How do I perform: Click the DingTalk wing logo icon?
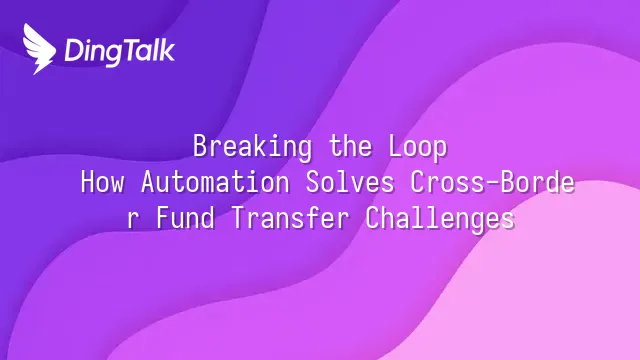pos(39,49)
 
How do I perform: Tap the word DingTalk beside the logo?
pos(120,52)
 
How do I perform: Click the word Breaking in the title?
pos(252,147)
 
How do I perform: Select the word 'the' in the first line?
pos(351,146)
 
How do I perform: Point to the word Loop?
pos(418,147)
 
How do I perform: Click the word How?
pos(102,182)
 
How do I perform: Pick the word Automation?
pos(216,182)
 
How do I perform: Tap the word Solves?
pos(350,182)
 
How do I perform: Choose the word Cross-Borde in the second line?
pos(493,182)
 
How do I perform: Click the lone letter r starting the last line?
pos(131,220)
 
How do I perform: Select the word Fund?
pos(186,218)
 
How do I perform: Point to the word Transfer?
pos(291,218)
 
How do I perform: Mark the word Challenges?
pos(440,220)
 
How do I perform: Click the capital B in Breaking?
pos(200,146)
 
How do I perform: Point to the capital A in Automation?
pos(148,182)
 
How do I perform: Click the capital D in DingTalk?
pos(73,51)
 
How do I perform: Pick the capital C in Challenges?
pos(372,218)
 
